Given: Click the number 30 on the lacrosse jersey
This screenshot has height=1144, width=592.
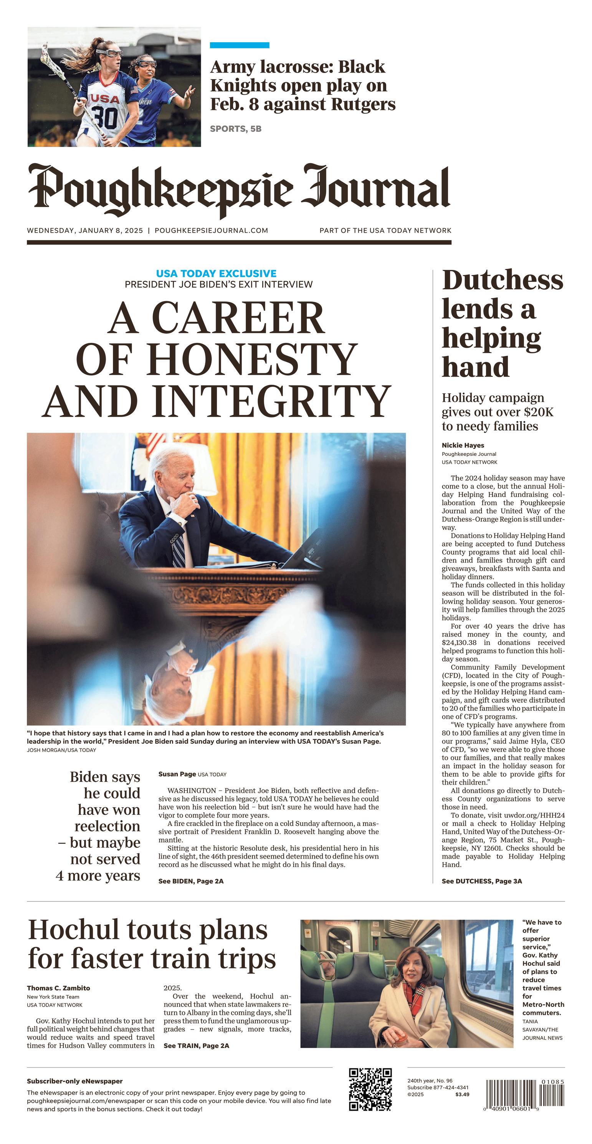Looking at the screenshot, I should pyautogui.click(x=105, y=117).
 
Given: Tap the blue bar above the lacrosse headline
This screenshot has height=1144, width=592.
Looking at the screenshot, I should pyautogui.click(x=240, y=45).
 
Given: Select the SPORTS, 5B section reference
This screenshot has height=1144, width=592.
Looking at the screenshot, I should pyautogui.click(x=235, y=129).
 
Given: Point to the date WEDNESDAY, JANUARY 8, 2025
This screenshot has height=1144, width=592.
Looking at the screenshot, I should pyautogui.click(x=85, y=230).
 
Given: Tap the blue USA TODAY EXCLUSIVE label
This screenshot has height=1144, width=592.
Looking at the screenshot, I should pyautogui.click(x=216, y=273).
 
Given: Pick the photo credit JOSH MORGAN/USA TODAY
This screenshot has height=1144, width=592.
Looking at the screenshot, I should pyautogui.click(x=61, y=750).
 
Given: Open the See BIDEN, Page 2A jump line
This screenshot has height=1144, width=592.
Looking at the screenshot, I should pyautogui.click(x=191, y=881).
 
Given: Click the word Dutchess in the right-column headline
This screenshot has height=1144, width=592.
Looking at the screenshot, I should pyautogui.click(x=502, y=281).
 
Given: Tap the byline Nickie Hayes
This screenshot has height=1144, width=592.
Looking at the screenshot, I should pyautogui.click(x=463, y=445).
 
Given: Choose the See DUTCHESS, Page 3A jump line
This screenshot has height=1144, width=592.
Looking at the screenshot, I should pyautogui.click(x=482, y=881).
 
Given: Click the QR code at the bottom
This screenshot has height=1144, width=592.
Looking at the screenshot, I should pyautogui.click(x=370, y=1089).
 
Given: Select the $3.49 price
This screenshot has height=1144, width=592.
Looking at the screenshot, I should pyautogui.click(x=462, y=1094).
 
